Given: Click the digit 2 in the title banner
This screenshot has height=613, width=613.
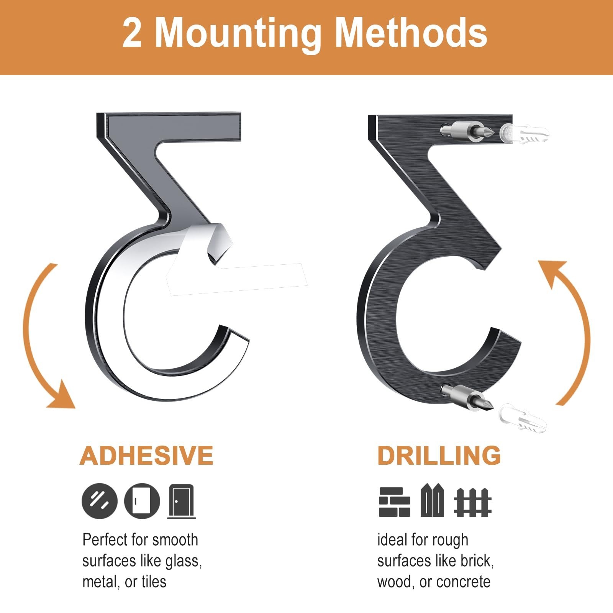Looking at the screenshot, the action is click(132, 33).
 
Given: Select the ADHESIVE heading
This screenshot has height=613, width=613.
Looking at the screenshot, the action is click(146, 455).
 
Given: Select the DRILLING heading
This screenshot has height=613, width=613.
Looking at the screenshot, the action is click(439, 455).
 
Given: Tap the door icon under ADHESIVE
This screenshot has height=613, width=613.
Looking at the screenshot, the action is click(182, 502).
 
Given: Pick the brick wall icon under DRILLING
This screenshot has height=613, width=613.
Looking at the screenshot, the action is click(394, 502).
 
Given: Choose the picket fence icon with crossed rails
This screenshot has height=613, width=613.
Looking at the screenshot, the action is click(473, 502).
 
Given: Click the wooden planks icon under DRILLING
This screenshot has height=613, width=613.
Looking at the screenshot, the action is click(432, 500).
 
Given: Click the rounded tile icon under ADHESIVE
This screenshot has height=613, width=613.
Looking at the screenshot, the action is click(142, 501).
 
